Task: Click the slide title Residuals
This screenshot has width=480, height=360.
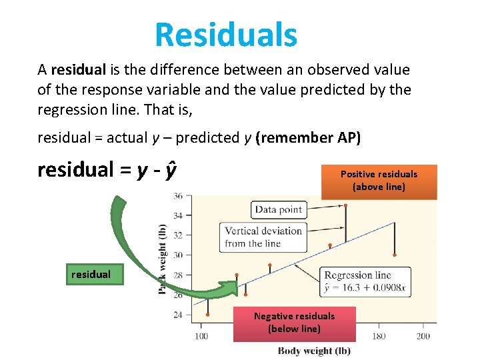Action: click(226, 35)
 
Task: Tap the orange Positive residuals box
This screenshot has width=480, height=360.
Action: click(379, 181)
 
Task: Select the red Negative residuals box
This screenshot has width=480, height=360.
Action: click(294, 323)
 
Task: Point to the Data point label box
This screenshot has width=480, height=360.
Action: click(278, 209)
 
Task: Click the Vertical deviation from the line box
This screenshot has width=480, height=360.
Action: click(263, 237)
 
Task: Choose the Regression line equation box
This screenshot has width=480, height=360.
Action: click(365, 282)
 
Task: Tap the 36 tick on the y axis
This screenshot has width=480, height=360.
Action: click(178, 196)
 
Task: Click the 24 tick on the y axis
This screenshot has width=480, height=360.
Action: click(178, 315)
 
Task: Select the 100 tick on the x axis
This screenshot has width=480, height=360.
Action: click(201, 336)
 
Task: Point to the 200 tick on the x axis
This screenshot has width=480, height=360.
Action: click(423, 336)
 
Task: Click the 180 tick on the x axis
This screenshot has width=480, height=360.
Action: click(379, 336)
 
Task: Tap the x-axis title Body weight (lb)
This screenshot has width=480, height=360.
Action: click(314, 351)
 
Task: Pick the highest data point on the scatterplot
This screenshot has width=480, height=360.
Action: click(345, 205)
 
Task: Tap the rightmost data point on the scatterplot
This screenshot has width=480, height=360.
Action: click(395, 255)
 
